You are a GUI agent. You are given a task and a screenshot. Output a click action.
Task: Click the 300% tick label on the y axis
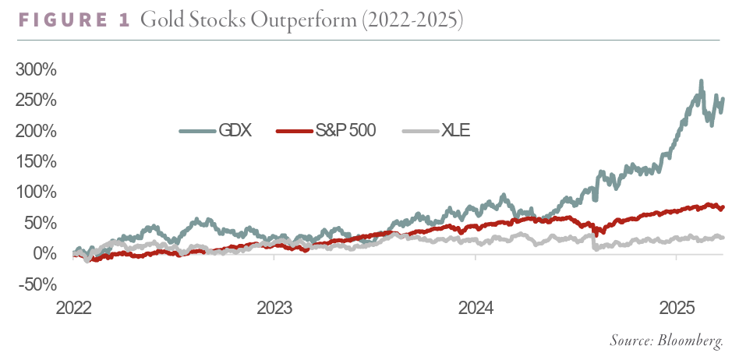pyautogui.click(x=36, y=70)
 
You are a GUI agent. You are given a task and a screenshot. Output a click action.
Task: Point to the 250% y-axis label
pyautogui.click(x=36, y=101)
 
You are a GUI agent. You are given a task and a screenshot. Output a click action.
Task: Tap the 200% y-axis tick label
pyautogui.click(x=36, y=131)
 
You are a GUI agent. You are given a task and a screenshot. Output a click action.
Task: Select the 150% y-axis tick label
pyautogui.click(x=36, y=162)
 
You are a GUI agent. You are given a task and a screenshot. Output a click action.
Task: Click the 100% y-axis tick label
pyautogui.click(x=36, y=192)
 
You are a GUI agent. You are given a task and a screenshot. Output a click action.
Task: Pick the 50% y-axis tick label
pyautogui.click(x=41, y=223)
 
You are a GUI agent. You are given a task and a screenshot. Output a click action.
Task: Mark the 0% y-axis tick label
pyautogui.click(x=45, y=254)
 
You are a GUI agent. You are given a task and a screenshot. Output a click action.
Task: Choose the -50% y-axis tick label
pyautogui.click(x=38, y=284)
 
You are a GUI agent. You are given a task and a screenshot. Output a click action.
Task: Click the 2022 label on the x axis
pyautogui.click(x=74, y=307)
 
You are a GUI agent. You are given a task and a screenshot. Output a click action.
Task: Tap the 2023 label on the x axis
pyautogui.click(x=274, y=307)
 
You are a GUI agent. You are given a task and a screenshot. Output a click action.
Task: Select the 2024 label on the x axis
pyautogui.click(x=476, y=307)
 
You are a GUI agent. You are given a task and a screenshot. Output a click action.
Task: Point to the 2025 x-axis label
pyautogui.click(x=676, y=307)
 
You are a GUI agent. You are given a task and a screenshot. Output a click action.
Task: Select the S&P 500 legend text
pyautogui.click(x=348, y=130)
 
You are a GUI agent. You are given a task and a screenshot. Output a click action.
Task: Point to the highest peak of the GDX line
pyautogui.click(x=702, y=81)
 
